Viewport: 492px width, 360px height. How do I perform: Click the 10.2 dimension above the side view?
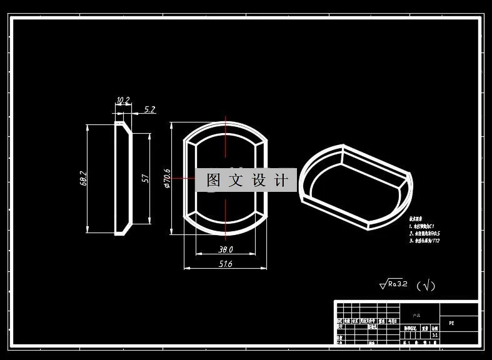click(123, 101)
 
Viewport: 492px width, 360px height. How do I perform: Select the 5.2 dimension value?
click(149, 109)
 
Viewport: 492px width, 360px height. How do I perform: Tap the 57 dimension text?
click(144, 179)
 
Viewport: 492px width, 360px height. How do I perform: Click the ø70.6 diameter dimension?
click(167, 178)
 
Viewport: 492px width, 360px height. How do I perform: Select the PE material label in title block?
click(451, 323)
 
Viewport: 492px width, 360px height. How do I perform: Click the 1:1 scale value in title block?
click(435, 335)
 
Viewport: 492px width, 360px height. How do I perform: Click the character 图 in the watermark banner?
click(213, 181)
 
